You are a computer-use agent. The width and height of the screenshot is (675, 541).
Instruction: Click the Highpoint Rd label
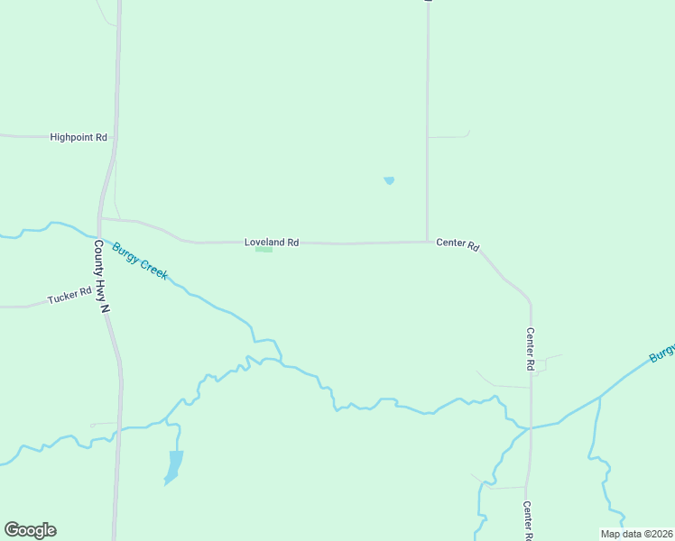pyautogui.click(x=79, y=137)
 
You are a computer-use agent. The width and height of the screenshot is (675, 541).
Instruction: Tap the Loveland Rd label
pyautogui.click(x=272, y=243)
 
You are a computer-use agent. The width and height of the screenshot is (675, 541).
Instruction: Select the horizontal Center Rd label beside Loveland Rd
pyautogui.click(x=458, y=243)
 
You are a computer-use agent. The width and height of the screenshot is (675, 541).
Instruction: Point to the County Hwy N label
pyautogui.click(x=102, y=277)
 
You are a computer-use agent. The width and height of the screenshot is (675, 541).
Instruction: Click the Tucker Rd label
pyautogui.click(x=70, y=295)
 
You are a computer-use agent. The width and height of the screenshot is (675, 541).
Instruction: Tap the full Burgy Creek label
pyautogui.click(x=140, y=260)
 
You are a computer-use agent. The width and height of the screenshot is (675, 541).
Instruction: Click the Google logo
pyautogui.click(x=30, y=530)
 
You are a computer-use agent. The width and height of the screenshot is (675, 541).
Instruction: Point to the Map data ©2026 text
pyautogui.click(x=637, y=534)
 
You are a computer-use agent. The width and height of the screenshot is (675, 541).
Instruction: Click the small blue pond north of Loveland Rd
pyautogui.click(x=389, y=180)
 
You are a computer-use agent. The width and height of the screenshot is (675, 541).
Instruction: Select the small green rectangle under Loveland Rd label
pyautogui.click(x=264, y=251)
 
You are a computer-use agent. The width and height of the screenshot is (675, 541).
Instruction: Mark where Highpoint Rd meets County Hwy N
pyautogui.click(x=115, y=137)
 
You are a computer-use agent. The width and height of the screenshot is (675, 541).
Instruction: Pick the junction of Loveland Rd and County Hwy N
pyautogui.click(x=101, y=218)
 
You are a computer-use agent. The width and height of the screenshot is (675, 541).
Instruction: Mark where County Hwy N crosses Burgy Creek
pyautogui.click(x=98, y=236)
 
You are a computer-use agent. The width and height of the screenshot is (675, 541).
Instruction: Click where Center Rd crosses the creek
pyautogui.click(x=531, y=427)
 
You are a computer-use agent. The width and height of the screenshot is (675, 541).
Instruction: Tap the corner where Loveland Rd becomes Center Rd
pyautogui.click(x=428, y=242)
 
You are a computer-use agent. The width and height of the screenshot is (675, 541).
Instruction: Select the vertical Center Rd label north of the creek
pyautogui.click(x=531, y=350)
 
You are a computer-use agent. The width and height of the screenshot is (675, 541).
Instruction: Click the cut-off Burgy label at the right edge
pyautogui.click(x=661, y=353)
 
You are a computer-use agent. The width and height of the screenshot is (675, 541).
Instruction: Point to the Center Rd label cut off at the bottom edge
pyautogui.click(x=528, y=521)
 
